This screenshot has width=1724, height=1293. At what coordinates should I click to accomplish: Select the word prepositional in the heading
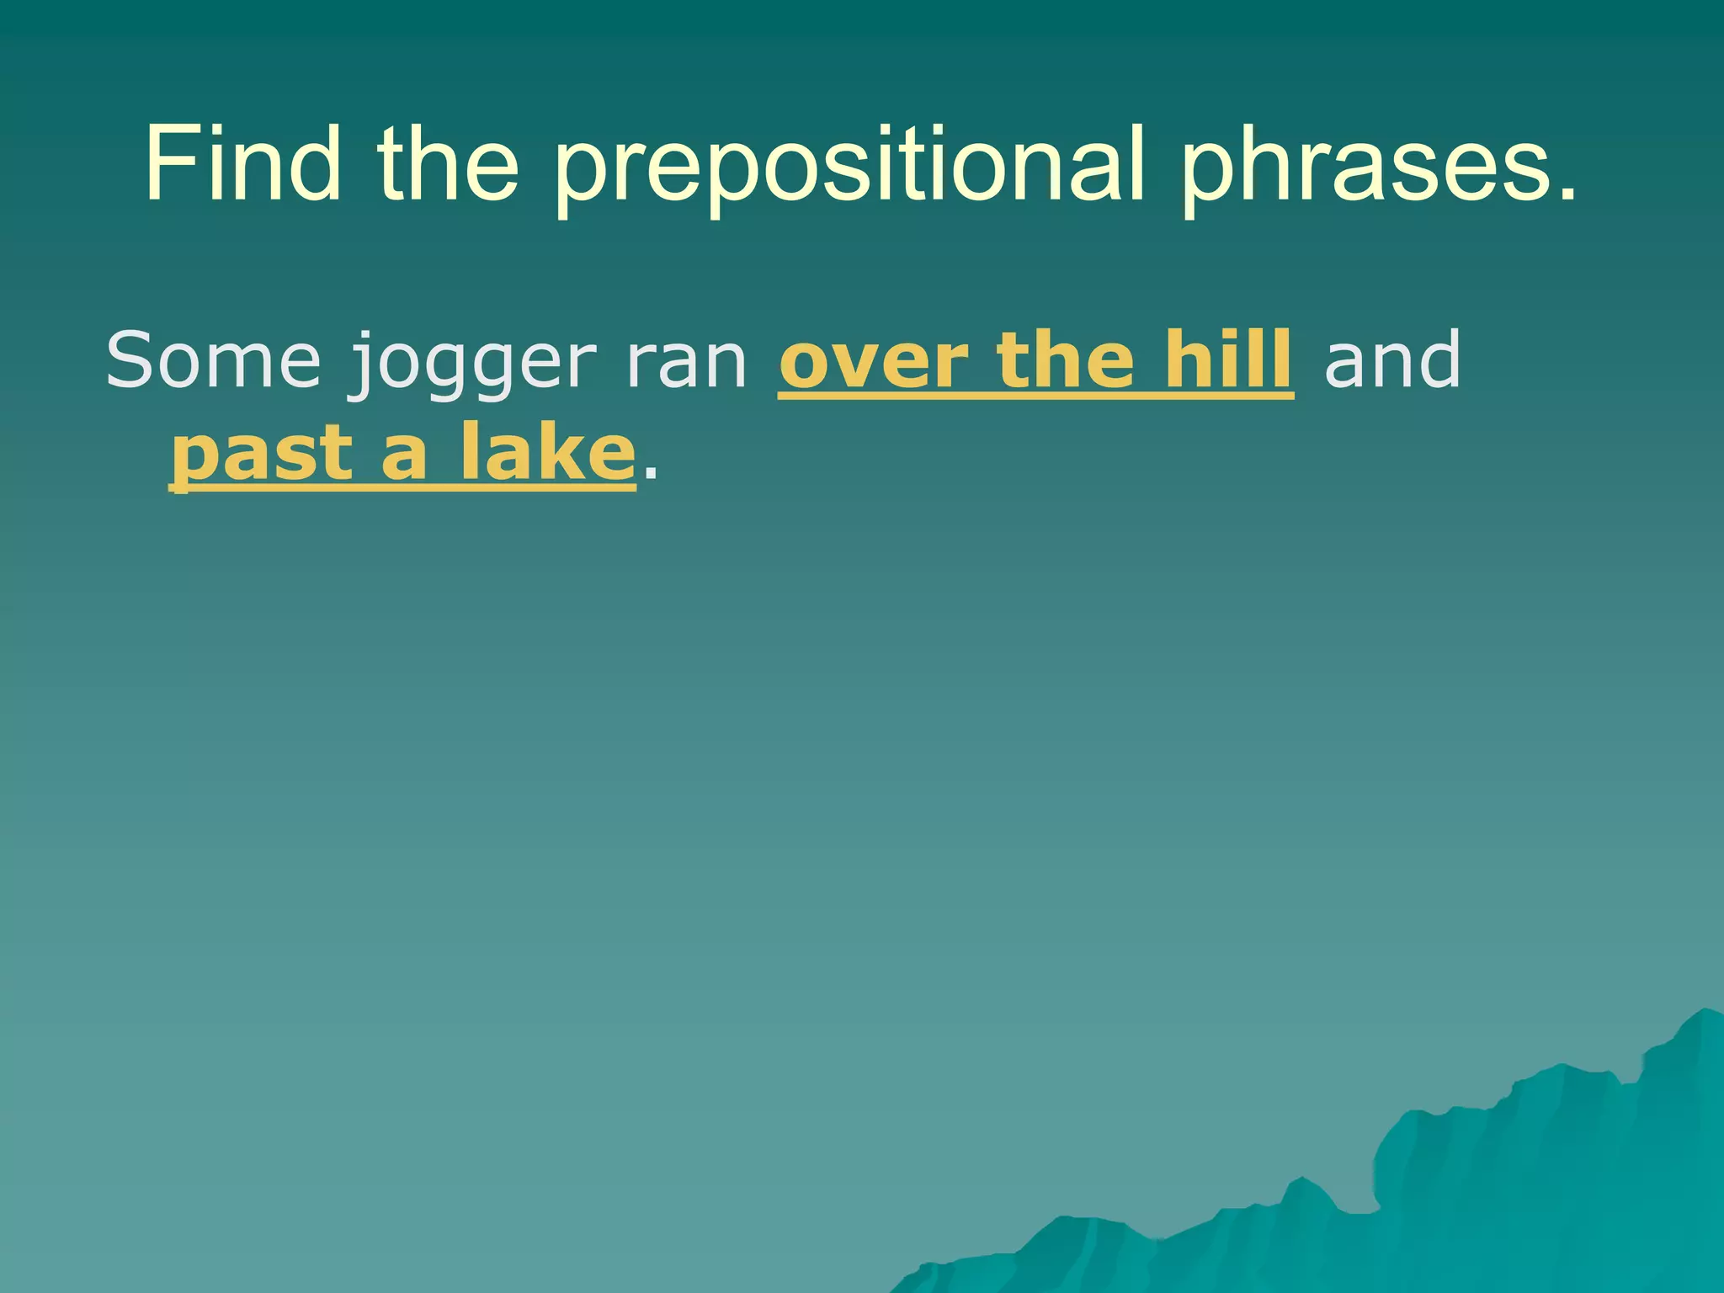850,168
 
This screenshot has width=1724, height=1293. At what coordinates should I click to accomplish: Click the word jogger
472,366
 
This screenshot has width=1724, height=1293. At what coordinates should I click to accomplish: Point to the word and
1392,360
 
